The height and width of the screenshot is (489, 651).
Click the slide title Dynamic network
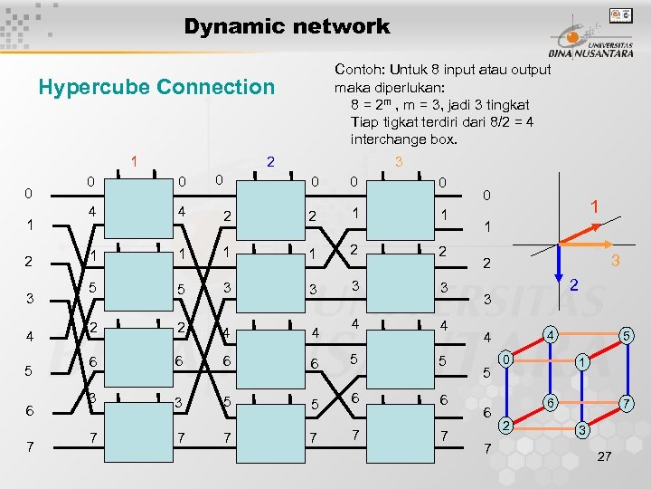pyautogui.click(x=287, y=26)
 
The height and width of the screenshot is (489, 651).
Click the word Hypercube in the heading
pyautogui.click(x=95, y=87)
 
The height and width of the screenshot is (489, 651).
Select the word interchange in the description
pyautogui.click(x=385, y=139)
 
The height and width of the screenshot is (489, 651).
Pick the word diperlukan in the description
pyautogui.click(x=406, y=87)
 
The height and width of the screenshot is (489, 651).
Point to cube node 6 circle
pyautogui.click(x=548, y=402)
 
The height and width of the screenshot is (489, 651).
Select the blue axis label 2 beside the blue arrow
pyautogui.click(x=573, y=285)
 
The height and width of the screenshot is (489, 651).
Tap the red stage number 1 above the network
pyautogui.click(x=134, y=161)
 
